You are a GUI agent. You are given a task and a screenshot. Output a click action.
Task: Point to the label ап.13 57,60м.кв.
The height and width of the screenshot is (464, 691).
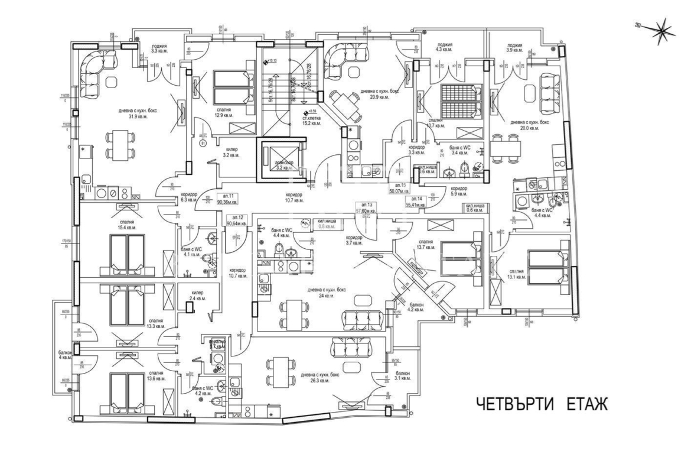tap(366, 207)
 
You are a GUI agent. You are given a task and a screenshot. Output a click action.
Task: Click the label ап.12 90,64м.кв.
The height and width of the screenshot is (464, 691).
tap(238, 220)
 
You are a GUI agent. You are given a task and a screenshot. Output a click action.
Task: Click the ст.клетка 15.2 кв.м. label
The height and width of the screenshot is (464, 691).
tap(311, 120)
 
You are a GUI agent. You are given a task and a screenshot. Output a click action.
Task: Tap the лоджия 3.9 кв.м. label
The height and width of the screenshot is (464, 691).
tap(514, 48)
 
